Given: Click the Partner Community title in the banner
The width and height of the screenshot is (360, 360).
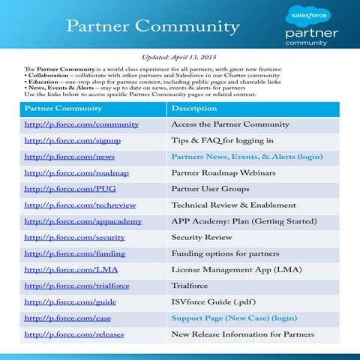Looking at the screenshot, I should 153,27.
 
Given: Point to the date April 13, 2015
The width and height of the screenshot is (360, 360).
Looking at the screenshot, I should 201,58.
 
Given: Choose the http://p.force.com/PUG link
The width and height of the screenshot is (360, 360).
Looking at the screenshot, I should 65,189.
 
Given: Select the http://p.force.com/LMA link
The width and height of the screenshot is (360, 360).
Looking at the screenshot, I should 66,269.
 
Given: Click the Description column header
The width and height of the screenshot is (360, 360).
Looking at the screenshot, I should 194,108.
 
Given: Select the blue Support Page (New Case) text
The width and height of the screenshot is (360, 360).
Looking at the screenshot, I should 234,318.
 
